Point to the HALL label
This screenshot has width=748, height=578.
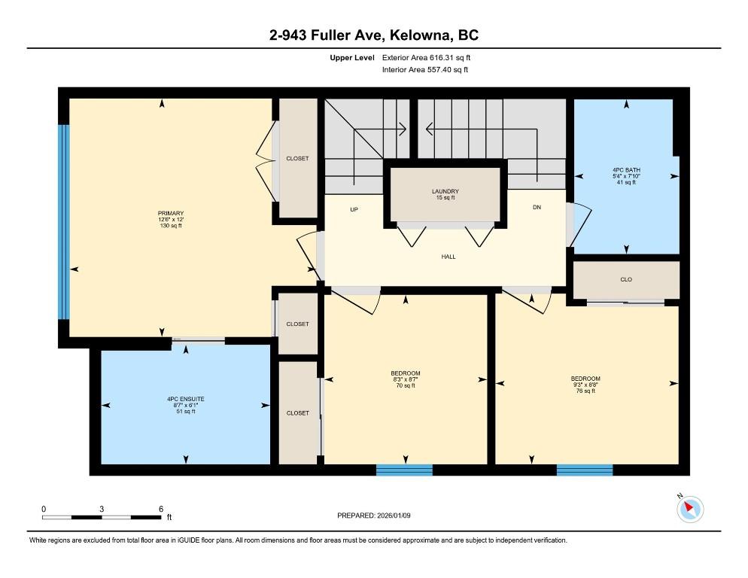448,257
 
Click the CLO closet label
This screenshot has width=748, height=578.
626,280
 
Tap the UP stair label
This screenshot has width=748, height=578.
354,209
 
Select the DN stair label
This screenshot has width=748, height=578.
537,207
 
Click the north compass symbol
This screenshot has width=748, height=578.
690,509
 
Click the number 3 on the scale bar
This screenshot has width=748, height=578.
102,510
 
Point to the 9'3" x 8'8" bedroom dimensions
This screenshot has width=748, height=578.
585,385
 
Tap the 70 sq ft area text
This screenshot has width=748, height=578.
406,385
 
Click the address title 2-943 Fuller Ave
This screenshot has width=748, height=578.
327,35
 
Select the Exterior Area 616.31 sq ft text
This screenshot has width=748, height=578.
426,58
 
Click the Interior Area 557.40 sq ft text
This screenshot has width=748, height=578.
425,70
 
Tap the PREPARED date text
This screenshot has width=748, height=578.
373,516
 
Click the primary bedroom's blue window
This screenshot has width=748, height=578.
64,222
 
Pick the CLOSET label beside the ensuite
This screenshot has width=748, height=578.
298,413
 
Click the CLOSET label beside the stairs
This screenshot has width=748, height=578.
298,159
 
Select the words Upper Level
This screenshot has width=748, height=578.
352,58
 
